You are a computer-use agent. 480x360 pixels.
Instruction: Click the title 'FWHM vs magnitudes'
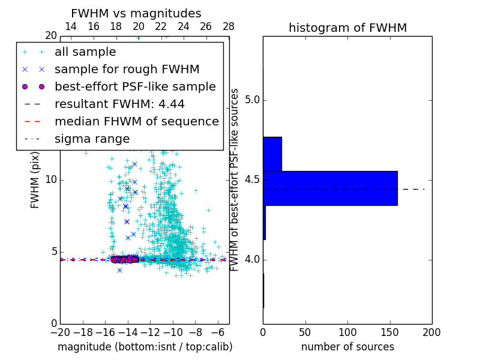(136, 13)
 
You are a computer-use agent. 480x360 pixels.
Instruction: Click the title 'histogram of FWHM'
(347, 28)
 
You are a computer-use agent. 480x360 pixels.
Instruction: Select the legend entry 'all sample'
(85, 52)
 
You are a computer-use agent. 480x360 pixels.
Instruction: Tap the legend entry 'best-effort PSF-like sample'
(135, 87)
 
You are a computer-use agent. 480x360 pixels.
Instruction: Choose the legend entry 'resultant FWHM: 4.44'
(119, 104)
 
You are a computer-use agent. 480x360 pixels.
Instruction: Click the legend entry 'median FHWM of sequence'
(136, 122)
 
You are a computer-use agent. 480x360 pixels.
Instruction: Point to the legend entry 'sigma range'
(92, 139)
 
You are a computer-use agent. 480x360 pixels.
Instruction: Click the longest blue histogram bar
(330, 188)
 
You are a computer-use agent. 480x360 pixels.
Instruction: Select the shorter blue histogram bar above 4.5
(272, 154)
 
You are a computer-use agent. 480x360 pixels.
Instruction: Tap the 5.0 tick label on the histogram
(251, 100)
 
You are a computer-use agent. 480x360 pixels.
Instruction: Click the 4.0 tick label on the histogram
(251, 260)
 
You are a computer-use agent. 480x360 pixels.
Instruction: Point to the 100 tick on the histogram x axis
(347, 332)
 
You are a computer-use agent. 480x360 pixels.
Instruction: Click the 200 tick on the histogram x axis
(431, 332)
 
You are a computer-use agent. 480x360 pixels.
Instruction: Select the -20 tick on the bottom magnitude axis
(60, 332)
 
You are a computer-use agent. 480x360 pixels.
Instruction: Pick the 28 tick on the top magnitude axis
(229, 26)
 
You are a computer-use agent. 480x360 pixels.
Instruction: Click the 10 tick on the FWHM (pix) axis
(50, 180)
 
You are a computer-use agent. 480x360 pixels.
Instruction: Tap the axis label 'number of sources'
(347, 347)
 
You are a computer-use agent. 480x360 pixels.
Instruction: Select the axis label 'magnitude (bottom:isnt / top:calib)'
(145, 347)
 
